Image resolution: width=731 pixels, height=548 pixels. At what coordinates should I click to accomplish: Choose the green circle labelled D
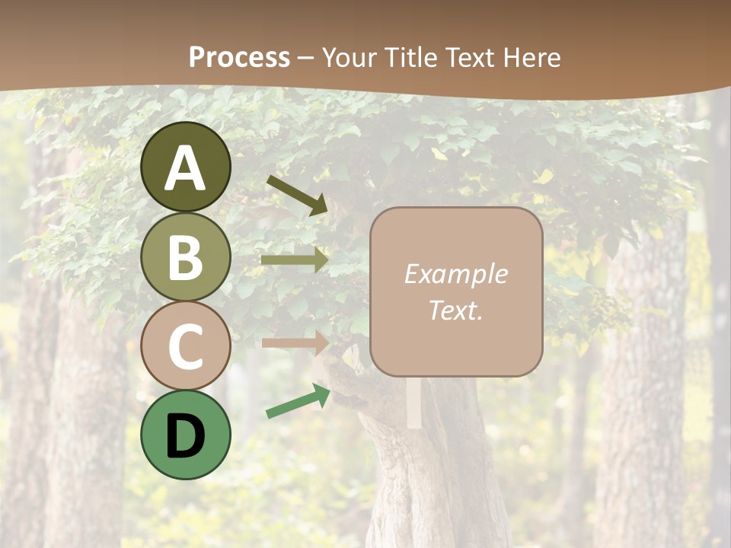186,435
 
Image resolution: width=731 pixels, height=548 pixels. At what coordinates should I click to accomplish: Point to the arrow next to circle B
295,260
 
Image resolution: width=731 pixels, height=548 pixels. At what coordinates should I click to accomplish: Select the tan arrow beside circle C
295,342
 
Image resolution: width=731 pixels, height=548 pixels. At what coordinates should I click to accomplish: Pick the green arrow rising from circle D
298,401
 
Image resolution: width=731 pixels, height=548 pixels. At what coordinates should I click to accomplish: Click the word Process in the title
239,57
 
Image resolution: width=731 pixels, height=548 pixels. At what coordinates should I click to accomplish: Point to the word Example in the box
455,274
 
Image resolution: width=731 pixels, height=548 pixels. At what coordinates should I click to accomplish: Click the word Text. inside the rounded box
455,310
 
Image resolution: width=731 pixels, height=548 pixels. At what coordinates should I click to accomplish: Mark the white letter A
186,169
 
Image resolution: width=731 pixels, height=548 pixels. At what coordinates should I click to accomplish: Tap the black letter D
186,436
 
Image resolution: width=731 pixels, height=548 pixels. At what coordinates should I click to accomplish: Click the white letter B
186,257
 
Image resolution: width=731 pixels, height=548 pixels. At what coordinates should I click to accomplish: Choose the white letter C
186,346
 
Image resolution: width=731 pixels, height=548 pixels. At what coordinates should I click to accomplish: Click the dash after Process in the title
306,58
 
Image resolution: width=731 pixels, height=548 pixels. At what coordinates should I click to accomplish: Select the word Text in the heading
467,57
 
